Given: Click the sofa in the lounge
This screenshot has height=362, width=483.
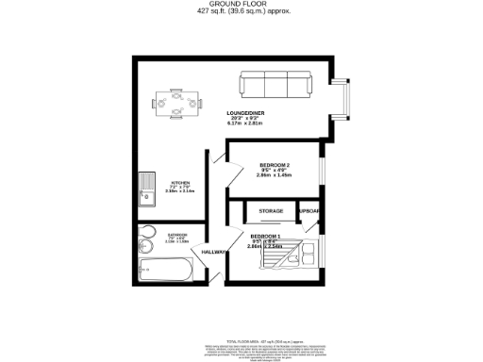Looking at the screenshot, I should point(276,84).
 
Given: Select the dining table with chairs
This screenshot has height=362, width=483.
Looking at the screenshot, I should point(176,102).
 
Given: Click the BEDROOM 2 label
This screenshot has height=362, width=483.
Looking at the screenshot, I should point(275,166).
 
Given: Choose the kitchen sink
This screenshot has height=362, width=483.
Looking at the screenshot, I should point(147,189).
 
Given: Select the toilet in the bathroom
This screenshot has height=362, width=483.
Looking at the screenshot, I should point(146,239).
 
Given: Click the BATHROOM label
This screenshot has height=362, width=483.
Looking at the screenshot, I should point(178,234).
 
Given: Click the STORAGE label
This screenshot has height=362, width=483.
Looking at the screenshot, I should point(272,210).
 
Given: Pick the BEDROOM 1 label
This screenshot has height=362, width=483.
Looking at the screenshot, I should point(265,236).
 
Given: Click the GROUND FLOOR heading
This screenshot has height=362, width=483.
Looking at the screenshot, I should point(241,5).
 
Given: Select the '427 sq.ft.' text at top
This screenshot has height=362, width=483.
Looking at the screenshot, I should point(212,11).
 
